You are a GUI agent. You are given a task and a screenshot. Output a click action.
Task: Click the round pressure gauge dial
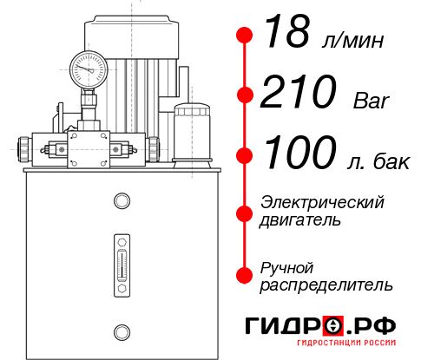coord(89,66)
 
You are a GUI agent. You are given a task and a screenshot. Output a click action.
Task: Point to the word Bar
coord(372,101)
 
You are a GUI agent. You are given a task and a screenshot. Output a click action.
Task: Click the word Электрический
coord(322,202)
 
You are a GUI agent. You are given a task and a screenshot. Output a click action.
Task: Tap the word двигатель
coord(300,220)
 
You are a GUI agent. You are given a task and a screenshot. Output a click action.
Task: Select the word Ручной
coord(286,266)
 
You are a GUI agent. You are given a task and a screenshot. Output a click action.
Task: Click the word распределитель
coord(326,285)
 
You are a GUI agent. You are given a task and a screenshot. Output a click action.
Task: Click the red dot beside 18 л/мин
coord(245,36)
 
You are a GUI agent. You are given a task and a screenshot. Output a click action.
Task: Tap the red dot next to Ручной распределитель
coord(245,275)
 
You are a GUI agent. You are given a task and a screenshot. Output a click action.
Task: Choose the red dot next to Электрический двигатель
coord(245,211)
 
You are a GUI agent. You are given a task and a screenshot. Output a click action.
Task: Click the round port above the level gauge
coord(121,202)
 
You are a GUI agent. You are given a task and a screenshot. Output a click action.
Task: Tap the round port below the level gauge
coord(121,330)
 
